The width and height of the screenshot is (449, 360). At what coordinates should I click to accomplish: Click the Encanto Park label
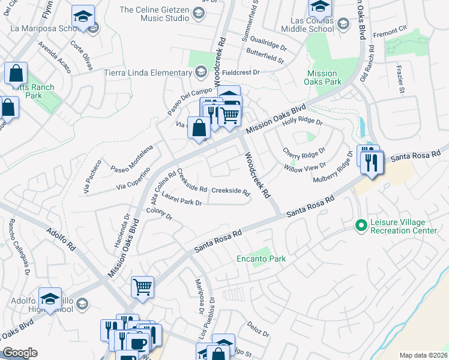click(x=260, y=259)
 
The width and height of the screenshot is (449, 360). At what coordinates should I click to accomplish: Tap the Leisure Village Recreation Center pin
click(x=361, y=226)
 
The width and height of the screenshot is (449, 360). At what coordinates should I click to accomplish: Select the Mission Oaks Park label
click(x=322, y=77)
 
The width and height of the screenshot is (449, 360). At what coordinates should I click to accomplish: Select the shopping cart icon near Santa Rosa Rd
click(x=142, y=287)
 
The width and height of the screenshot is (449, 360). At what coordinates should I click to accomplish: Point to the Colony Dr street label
click(x=160, y=214)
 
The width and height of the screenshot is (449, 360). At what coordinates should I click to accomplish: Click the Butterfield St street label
click(x=265, y=58)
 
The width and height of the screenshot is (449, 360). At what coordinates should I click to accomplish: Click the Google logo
click(x=20, y=353)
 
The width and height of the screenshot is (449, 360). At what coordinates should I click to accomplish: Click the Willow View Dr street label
click(x=306, y=168)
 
